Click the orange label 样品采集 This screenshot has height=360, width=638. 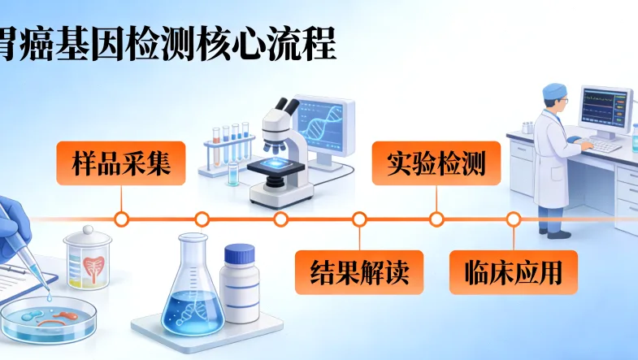(120, 164)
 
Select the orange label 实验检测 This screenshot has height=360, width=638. (436, 163)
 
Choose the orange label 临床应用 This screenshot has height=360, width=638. (514, 271)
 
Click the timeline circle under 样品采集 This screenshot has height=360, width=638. (121, 219)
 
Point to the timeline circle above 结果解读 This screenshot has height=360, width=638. (359, 219)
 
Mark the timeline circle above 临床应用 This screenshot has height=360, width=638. (514, 219)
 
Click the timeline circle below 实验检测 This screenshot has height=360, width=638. (436, 219)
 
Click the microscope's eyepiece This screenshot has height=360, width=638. (286, 106)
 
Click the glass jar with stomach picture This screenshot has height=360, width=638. (88, 258)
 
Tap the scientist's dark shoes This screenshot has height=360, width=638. (558, 232)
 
